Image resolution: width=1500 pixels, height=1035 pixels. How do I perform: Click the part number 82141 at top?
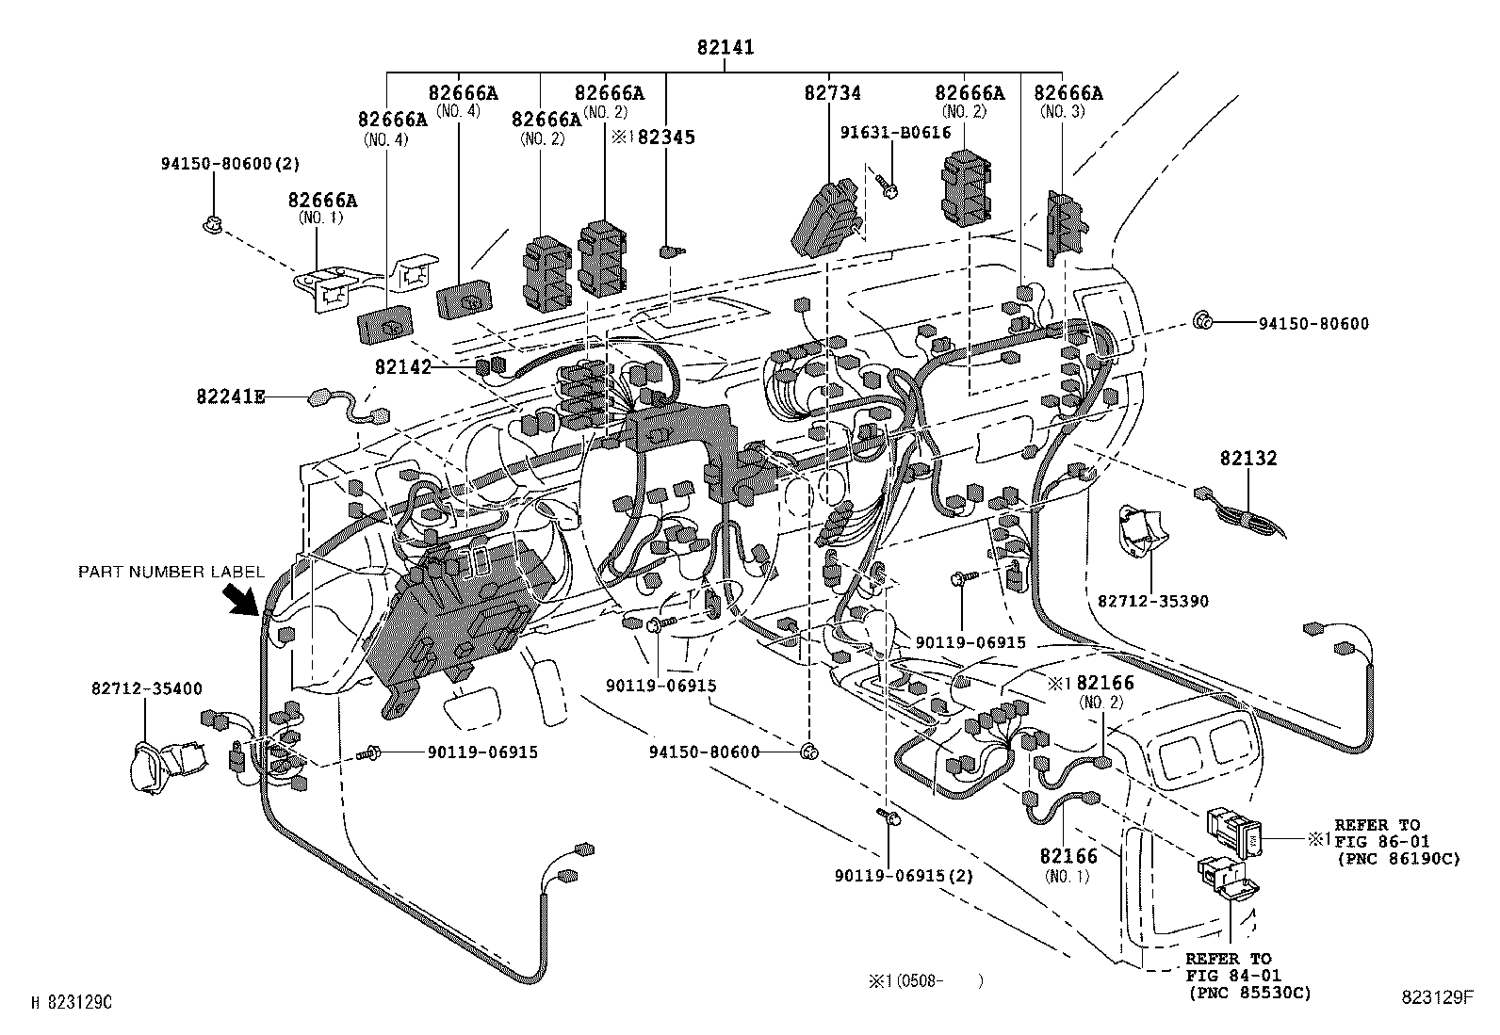[x=726, y=47]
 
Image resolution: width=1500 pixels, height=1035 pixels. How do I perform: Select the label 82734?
[x=832, y=93]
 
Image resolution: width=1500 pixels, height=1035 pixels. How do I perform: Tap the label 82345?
[x=666, y=137]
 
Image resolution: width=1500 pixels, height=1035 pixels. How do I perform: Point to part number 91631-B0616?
[x=895, y=133]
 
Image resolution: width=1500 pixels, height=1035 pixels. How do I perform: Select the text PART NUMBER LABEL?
[x=171, y=572]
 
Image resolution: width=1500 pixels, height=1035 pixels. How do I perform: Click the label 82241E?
[x=231, y=397]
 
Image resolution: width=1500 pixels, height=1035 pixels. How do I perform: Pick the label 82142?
[x=402, y=367]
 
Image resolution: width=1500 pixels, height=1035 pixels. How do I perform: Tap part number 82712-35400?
[x=146, y=689]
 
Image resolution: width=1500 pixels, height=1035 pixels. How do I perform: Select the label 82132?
[x=1247, y=459]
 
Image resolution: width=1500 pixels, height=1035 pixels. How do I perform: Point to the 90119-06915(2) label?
[x=904, y=875]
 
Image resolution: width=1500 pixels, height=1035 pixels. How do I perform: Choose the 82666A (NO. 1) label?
[x=323, y=207]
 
